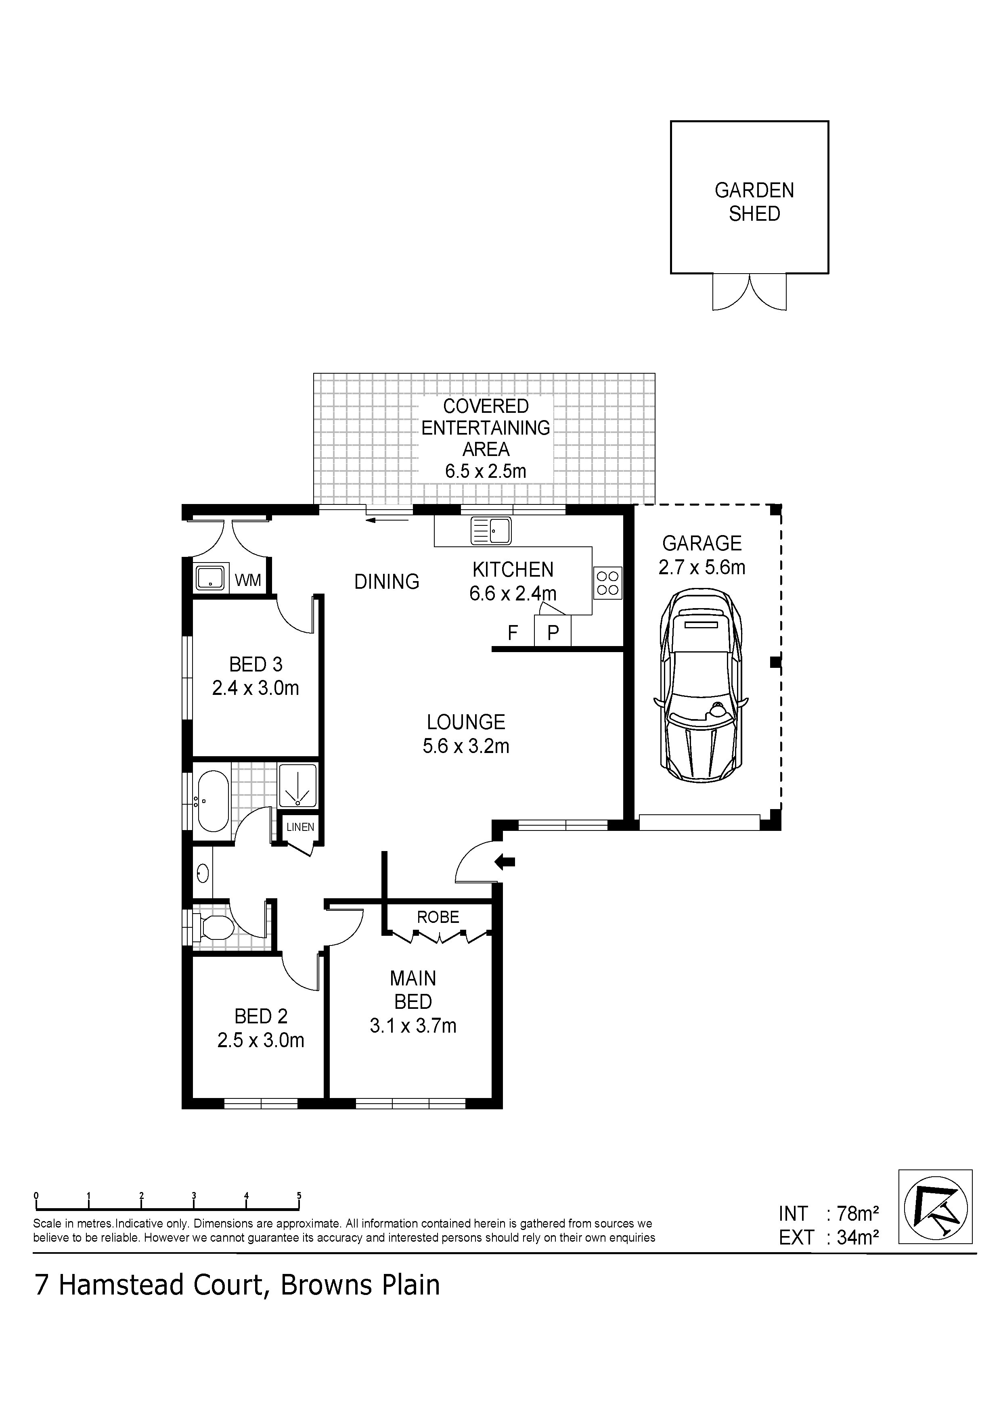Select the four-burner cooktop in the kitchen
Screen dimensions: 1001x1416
(x=607, y=583)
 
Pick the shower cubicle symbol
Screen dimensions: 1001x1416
(x=298, y=785)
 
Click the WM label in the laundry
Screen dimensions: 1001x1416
(x=248, y=580)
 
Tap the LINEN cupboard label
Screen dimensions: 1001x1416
(x=300, y=827)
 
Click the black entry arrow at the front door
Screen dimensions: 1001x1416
(x=505, y=862)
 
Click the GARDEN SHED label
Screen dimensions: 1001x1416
(x=754, y=202)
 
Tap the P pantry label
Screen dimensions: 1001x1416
(x=553, y=633)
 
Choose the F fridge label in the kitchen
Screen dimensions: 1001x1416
(x=513, y=633)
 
